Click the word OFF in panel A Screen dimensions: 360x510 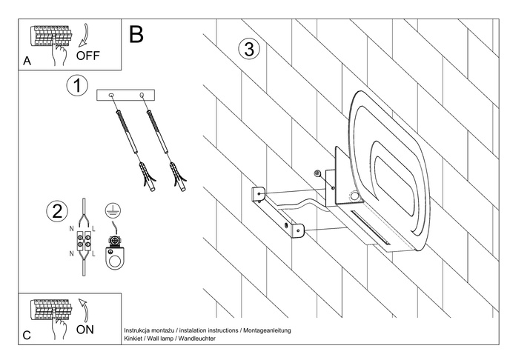click(89, 54)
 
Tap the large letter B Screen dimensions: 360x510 click(136, 33)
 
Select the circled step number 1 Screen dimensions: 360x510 click(76, 85)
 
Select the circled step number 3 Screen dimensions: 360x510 click(249, 50)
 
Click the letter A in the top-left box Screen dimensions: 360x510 click(27, 61)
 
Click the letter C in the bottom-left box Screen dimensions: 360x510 click(27, 336)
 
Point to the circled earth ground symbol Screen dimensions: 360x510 click(113, 210)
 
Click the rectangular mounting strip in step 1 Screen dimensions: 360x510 click(126, 95)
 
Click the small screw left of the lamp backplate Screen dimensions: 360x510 click(317, 173)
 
